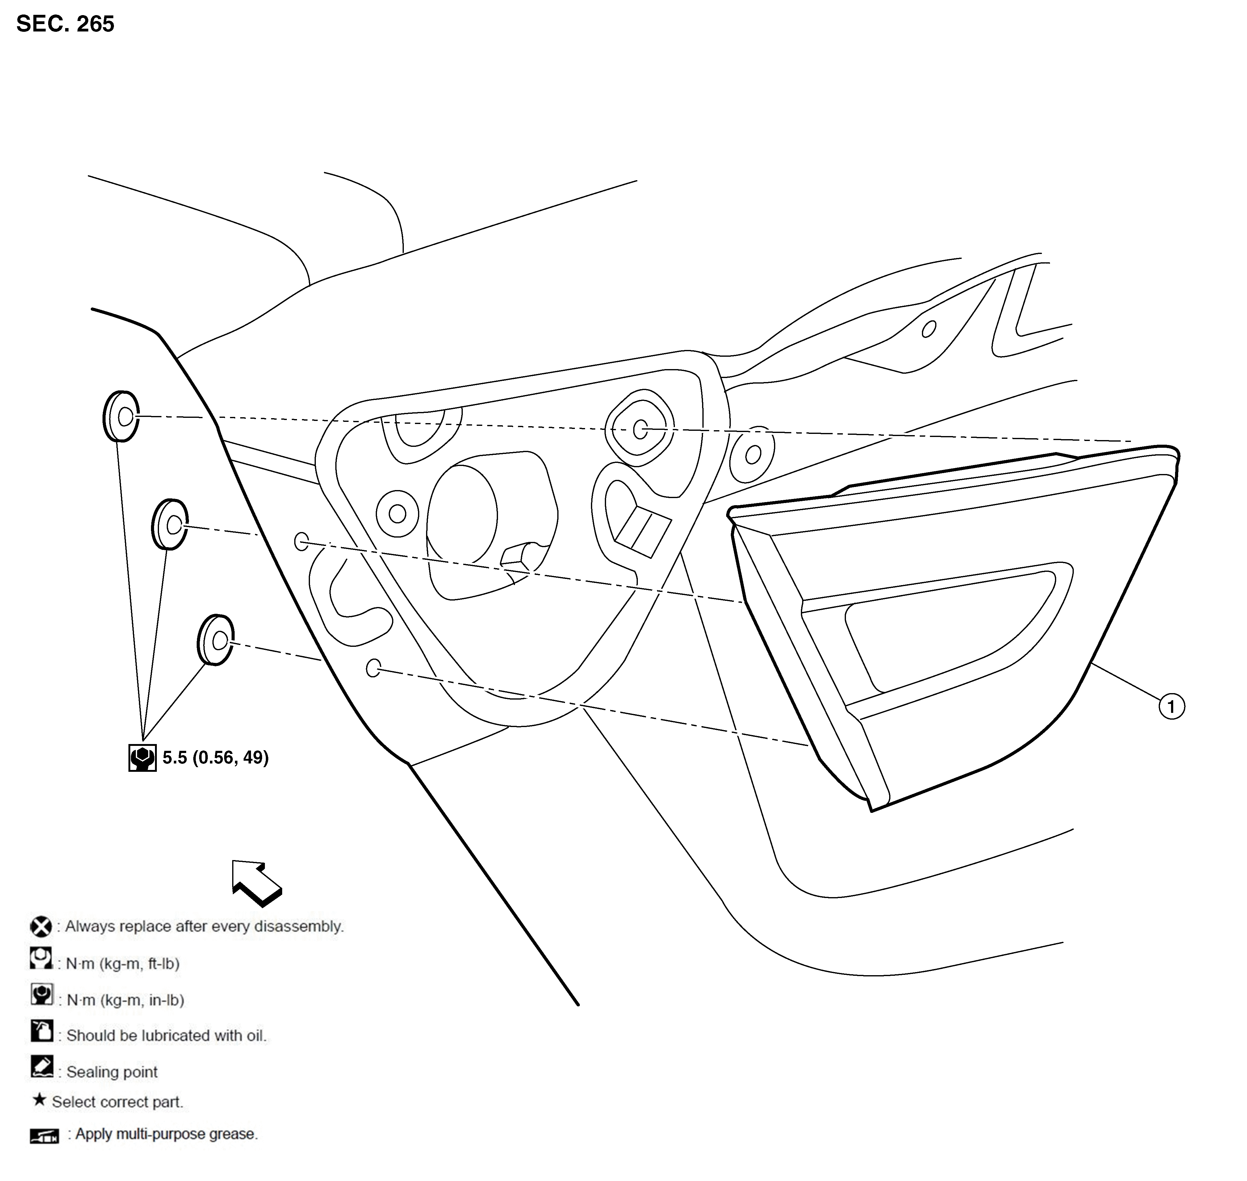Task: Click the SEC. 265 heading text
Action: [65, 24]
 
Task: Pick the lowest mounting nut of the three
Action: [216, 640]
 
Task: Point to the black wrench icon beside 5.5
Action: [142, 758]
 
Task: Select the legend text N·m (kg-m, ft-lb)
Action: [123, 964]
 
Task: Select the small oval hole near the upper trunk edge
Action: [929, 329]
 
